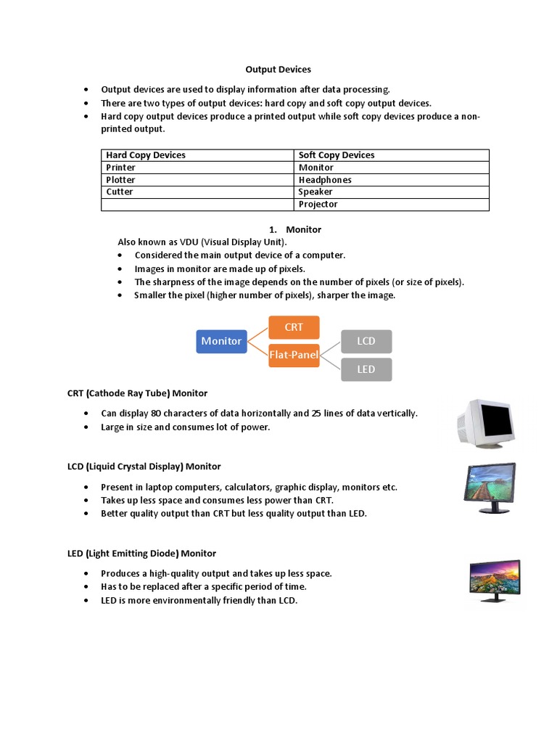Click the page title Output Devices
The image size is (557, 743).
coord(278,70)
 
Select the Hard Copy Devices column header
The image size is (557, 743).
coord(146,155)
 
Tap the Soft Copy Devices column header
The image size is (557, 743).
coord(337,155)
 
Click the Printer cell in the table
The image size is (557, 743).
coord(121,168)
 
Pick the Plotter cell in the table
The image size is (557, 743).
coord(121,180)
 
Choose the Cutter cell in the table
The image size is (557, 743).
coord(120,192)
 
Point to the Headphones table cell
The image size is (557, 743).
coord(325,180)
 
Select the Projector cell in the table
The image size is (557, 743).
coord(318,205)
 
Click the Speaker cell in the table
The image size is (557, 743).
coord(315,192)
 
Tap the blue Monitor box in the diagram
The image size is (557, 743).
coord(221,341)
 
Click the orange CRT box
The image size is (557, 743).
coord(294,327)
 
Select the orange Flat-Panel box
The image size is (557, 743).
coord(294,356)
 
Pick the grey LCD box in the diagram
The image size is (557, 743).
coord(366,341)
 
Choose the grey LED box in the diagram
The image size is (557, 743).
coord(366,369)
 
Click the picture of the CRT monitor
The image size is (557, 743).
coord(486,422)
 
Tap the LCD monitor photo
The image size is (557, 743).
coord(490,488)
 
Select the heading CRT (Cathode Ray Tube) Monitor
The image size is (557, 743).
coord(138,393)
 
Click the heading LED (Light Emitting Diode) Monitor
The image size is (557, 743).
coord(142,554)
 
